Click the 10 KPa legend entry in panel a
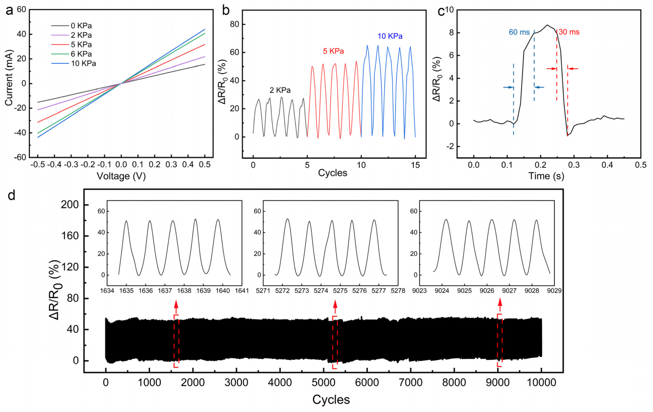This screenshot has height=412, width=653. tap(83, 63)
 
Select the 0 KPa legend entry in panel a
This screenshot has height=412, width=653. tap(81, 26)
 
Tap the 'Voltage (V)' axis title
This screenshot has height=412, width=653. tap(121, 176)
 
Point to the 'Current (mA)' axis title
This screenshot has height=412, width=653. tap(9, 78)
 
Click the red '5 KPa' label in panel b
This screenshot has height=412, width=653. tap(333, 51)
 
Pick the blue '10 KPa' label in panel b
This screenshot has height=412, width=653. tap(390, 36)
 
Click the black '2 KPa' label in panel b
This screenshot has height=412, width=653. tap(280, 90)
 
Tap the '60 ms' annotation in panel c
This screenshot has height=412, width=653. tap(519, 32)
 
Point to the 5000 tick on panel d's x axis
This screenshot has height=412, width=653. tap(323, 383)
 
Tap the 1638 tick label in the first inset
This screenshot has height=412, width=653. tap(184, 291)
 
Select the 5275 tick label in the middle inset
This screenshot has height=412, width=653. tap(340, 291)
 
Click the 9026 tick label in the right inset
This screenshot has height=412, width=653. tap(487, 291)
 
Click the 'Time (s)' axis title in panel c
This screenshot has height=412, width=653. tap(546, 176)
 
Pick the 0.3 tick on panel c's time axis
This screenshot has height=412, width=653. tap(574, 165)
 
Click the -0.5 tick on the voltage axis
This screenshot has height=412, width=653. tap(38, 165)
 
